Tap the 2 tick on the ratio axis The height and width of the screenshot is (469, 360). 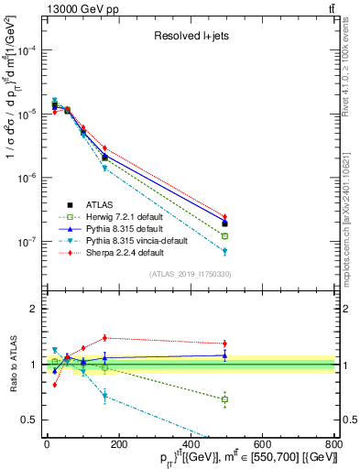point(33,309)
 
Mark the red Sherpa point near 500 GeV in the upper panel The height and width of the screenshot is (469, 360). point(224,217)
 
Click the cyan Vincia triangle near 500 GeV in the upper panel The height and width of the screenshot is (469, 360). point(224,251)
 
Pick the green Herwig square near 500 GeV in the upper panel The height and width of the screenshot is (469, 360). point(224,236)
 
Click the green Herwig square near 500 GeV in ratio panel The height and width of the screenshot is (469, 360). point(224,399)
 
